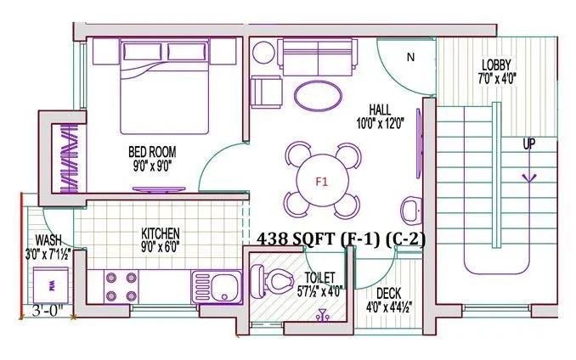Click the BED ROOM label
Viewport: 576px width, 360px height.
[x=152, y=152]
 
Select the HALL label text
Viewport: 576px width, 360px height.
[x=380, y=109]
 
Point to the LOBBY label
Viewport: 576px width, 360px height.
[x=497, y=65]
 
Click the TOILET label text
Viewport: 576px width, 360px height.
[x=316, y=277]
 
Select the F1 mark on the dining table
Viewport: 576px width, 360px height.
[x=322, y=181]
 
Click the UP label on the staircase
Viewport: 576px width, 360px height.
[x=528, y=144]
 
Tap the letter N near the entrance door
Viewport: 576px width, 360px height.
[x=410, y=58]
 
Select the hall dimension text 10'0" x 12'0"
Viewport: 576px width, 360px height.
[x=379, y=122]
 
